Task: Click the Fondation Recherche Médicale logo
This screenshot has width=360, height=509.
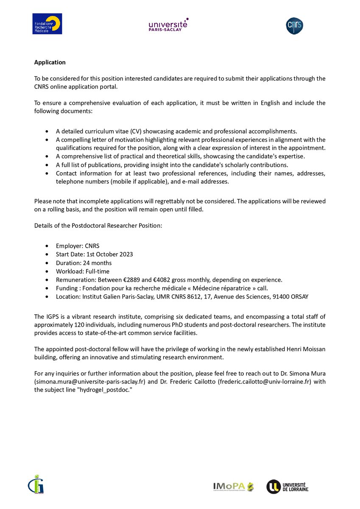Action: tap(47, 24)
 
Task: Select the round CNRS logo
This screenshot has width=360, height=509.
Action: tap(294, 25)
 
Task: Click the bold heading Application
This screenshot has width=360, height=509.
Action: tap(50, 62)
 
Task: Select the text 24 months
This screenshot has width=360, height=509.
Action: tap(96, 263)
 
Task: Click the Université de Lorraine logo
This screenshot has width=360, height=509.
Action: tap(287, 487)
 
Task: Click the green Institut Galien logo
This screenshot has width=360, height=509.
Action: tap(37, 484)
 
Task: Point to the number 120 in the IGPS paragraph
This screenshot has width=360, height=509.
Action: tap(77, 324)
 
